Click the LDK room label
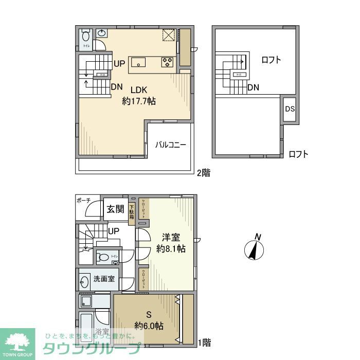click(x=136, y=88)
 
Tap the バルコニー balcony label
click(x=171, y=145)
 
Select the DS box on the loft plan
click(x=290, y=109)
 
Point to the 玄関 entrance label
click(x=116, y=209)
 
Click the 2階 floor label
click(x=203, y=173)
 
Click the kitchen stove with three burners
click(x=167, y=62)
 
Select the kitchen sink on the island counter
click(x=138, y=63)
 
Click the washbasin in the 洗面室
click(x=84, y=281)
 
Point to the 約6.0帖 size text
click(x=149, y=326)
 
